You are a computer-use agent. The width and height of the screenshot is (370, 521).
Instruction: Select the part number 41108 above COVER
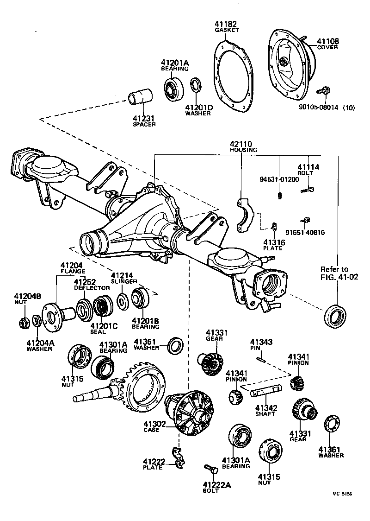coord(327,41)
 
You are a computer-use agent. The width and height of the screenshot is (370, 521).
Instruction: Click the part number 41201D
coord(199,108)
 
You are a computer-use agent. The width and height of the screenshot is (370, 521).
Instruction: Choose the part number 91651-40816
coord(305,232)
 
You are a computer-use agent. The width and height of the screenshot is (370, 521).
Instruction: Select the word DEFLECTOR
coord(92,288)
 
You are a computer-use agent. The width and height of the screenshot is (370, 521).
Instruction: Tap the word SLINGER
coord(123,281)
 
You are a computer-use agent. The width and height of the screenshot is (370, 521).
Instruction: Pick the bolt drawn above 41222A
coord(212,469)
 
